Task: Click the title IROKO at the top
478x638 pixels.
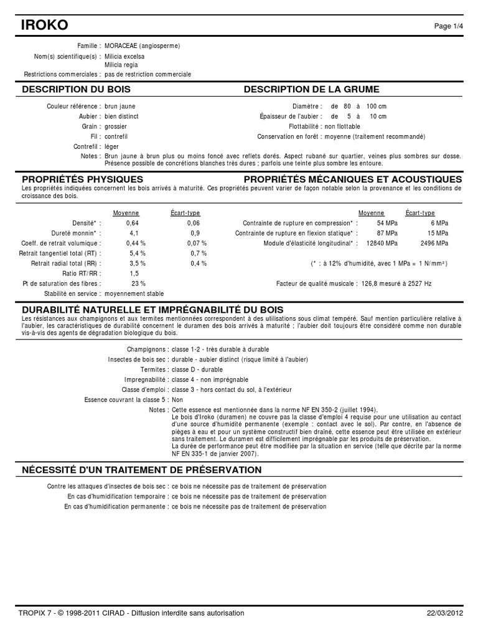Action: pyautogui.click(x=45, y=25)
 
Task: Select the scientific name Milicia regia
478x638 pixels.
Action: pyautogui.click(x=121, y=65)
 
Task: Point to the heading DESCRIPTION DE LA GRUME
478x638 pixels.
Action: pyautogui.click(x=311, y=90)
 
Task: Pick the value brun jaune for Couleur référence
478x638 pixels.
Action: pyautogui.click(x=120, y=107)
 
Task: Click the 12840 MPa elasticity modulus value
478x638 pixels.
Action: pyautogui.click(x=385, y=243)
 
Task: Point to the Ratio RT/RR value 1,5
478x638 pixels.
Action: pyautogui.click(x=134, y=274)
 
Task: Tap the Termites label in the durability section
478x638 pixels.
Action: pyautogui.click(x=154, y=369)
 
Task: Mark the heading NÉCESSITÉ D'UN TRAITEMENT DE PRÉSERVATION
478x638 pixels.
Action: pyautogui.click(x=142, y=469)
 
